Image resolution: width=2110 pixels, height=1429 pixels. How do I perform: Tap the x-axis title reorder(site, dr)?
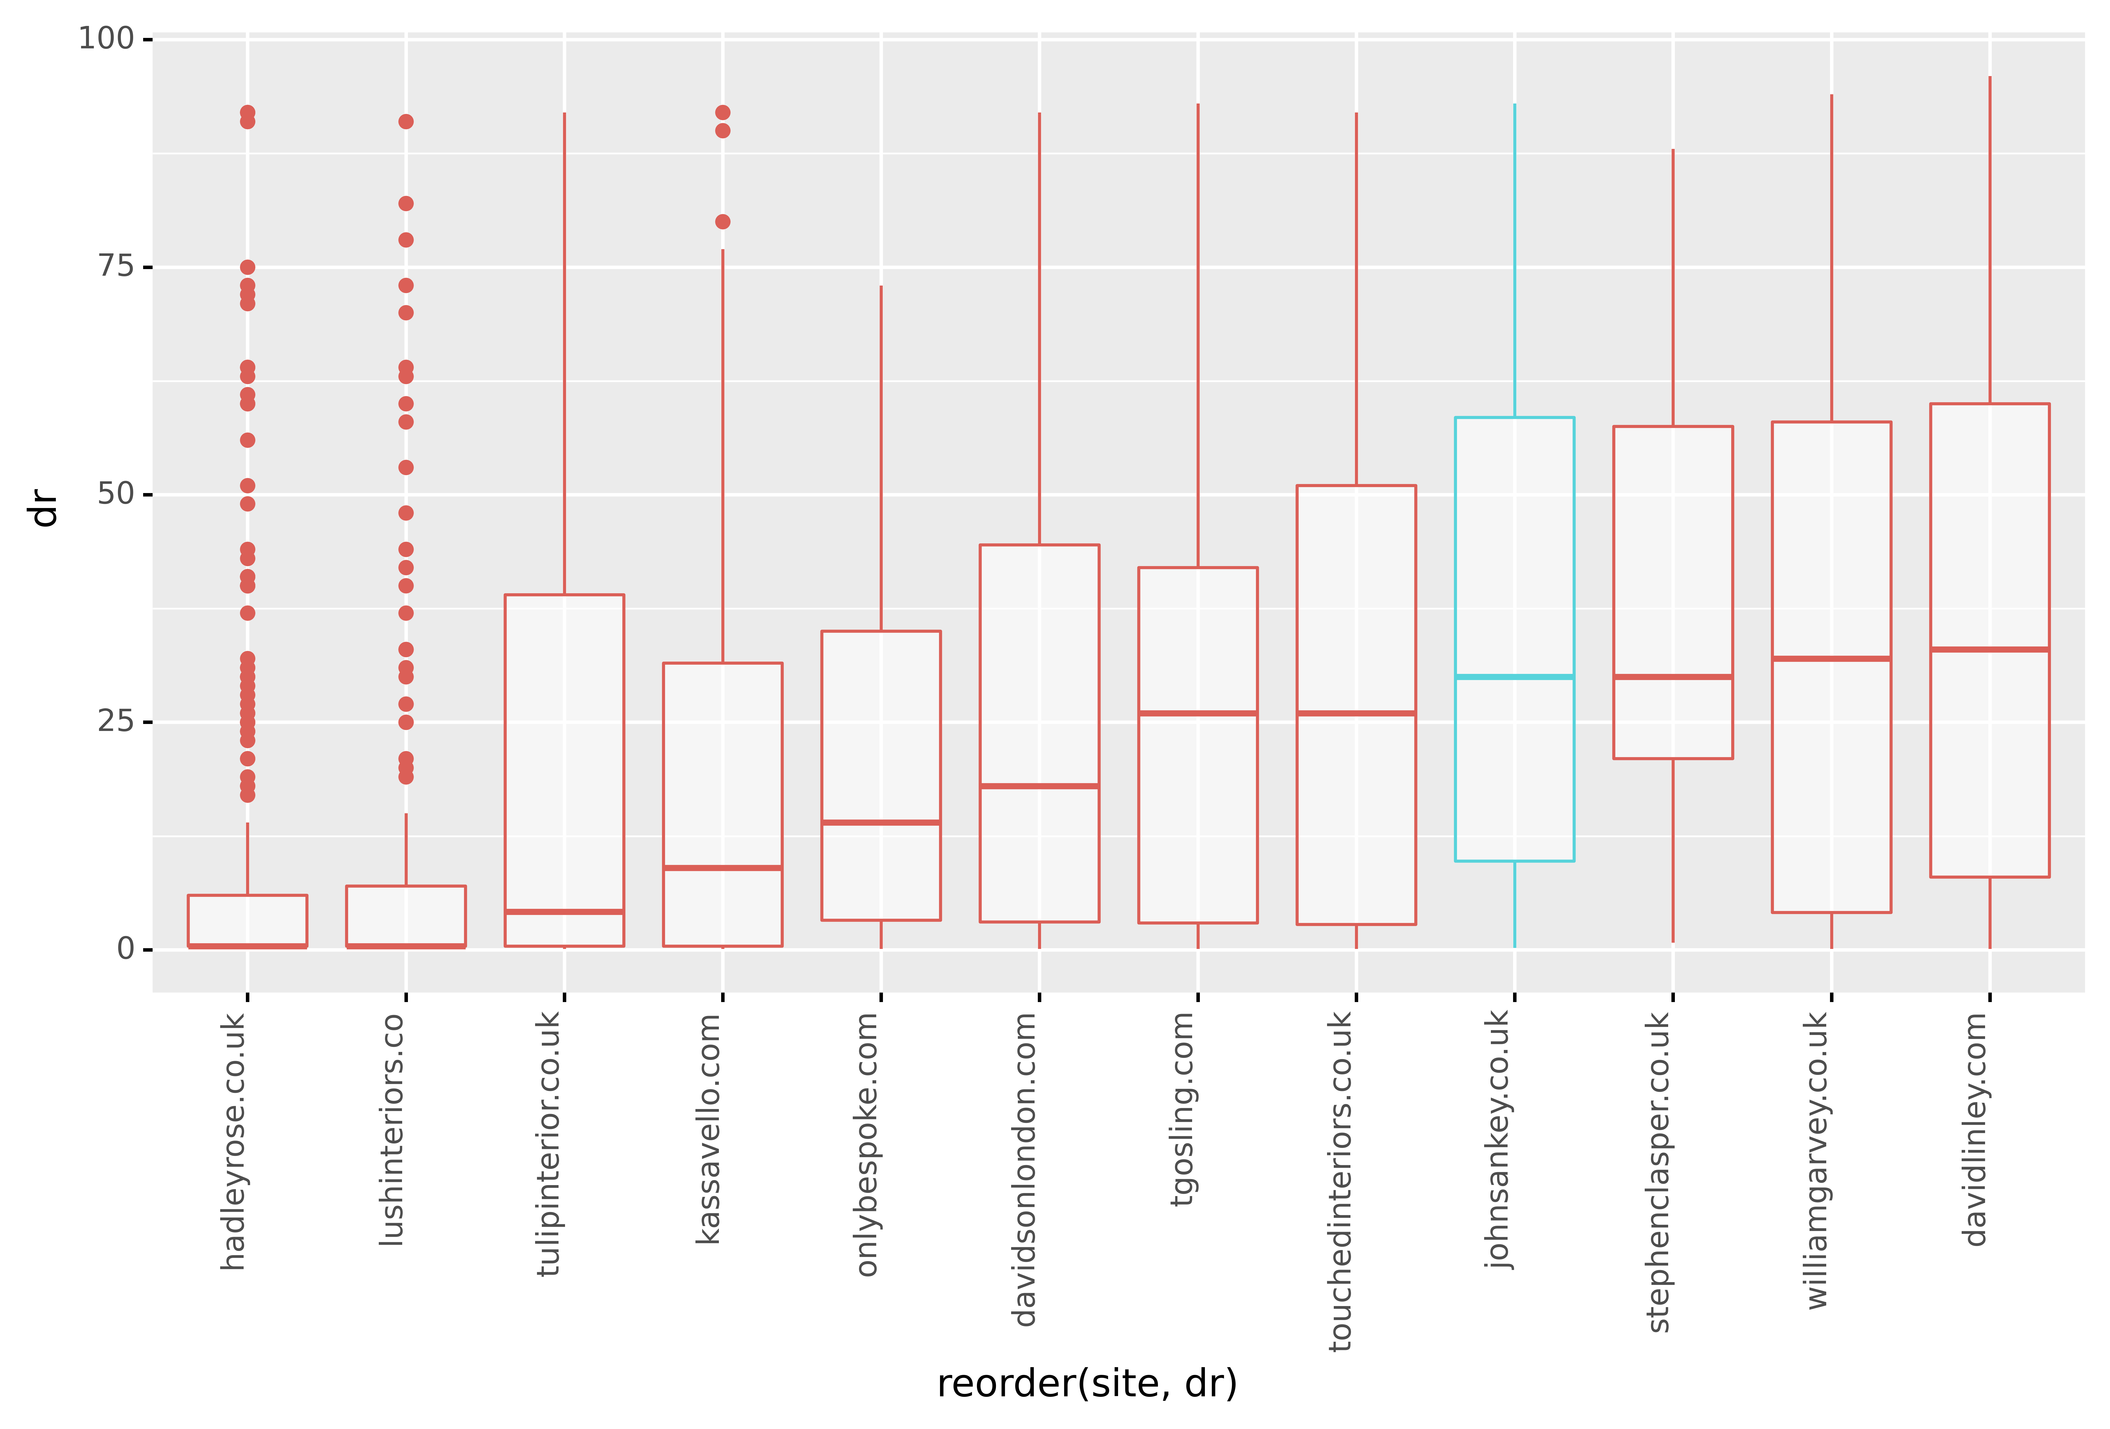coord(1087,1384)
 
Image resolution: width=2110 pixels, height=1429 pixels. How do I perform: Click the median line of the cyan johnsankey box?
coord(1514,676)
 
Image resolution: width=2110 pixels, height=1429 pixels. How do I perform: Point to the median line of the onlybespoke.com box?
coord(881,822)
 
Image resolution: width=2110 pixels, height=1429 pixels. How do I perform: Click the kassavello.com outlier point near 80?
coord(723,221)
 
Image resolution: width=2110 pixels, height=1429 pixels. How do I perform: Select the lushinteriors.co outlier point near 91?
coord(406,122)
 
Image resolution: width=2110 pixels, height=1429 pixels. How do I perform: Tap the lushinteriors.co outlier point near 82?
coord(406,203)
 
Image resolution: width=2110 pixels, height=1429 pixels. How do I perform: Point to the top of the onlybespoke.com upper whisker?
coord(881,287)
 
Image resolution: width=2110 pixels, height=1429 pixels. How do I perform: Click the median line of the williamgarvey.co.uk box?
coord(1831,658)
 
